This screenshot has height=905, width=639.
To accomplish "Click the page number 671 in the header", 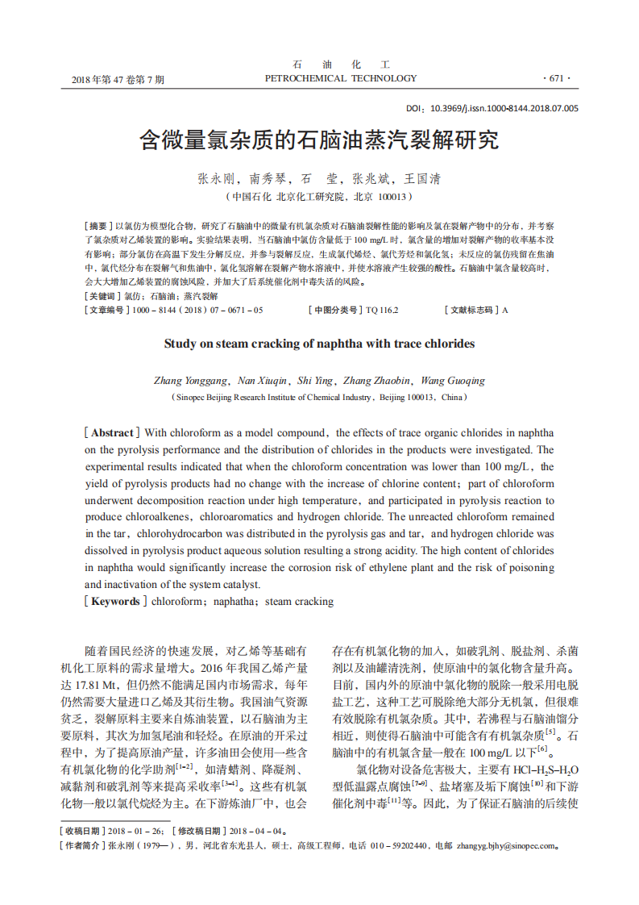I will click(556, 79).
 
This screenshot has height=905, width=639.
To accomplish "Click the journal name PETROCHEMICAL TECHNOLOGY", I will click(341, 78).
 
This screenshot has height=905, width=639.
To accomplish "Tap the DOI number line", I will click(492, 107).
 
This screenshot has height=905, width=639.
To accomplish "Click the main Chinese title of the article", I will click(319, 140).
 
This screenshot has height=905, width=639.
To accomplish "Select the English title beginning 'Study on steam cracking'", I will click(319, 344).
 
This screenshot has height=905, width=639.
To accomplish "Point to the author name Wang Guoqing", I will click(453, 381).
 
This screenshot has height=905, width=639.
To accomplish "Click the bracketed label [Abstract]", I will click(113, 432).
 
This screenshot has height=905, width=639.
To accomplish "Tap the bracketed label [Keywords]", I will click(115, 601).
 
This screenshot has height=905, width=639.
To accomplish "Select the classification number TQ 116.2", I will click(382, 310).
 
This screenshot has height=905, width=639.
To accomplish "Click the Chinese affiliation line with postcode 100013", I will click(319, 196).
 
